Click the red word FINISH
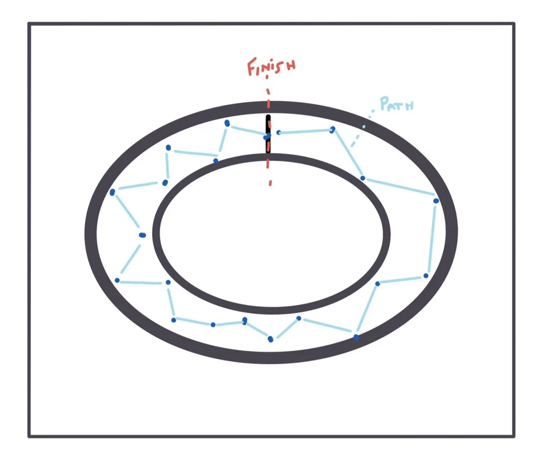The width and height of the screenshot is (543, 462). [271, 67]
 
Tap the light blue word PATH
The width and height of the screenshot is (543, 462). [396, 104]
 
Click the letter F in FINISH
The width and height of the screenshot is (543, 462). [252, 68]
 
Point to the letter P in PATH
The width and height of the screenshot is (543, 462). [384, 104]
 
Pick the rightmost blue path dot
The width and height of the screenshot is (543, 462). [436, 201]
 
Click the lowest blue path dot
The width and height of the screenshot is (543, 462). [270, 339]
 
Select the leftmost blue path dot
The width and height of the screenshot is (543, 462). [112, 192]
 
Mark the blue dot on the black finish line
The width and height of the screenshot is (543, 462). [267, 136]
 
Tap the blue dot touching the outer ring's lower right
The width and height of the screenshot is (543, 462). [356, 337]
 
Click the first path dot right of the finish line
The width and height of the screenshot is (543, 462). [279, 132]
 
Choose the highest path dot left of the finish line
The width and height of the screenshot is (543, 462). [227, 123]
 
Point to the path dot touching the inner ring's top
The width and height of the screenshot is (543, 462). [216, 160]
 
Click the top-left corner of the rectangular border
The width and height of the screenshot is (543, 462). [29, 24]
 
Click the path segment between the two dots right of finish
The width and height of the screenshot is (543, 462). [305, 131]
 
